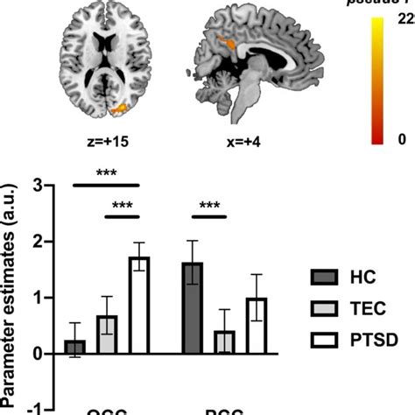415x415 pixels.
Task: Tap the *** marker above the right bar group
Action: point(209,207)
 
